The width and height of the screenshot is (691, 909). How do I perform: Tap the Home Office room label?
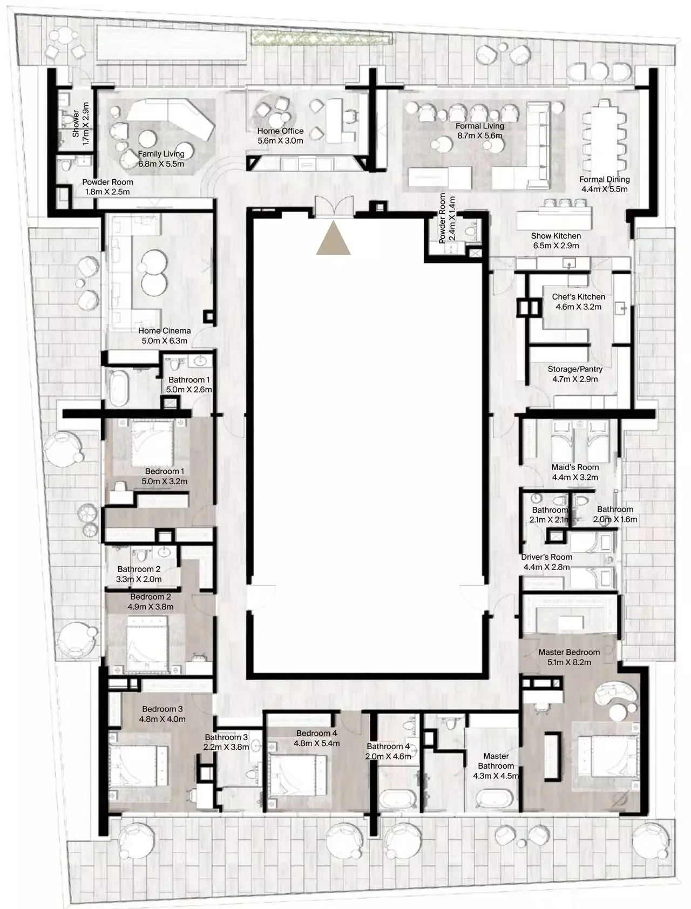point(280,131)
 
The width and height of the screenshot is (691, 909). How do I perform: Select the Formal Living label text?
point(480,126)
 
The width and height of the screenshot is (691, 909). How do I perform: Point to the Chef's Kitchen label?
point(578,296)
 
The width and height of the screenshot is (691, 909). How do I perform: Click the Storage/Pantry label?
point(575,369)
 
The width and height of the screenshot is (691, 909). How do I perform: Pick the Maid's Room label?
point(575,467)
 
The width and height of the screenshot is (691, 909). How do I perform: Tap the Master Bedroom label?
point(569,652)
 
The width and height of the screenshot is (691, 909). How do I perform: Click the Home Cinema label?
point(164,330)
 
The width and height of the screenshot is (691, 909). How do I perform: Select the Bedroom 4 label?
point(316,733)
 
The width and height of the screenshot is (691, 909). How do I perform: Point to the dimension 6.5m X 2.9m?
point(555,246)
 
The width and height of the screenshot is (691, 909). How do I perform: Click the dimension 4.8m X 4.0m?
point(162,719)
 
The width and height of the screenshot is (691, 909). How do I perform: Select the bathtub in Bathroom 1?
point(119,387)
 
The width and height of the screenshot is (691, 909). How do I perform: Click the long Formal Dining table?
point(604,137)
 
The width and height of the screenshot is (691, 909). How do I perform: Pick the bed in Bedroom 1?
point(151,440)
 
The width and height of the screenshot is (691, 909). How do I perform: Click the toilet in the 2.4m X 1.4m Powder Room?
point(470,232)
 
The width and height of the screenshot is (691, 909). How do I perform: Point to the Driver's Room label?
point(546,557)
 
